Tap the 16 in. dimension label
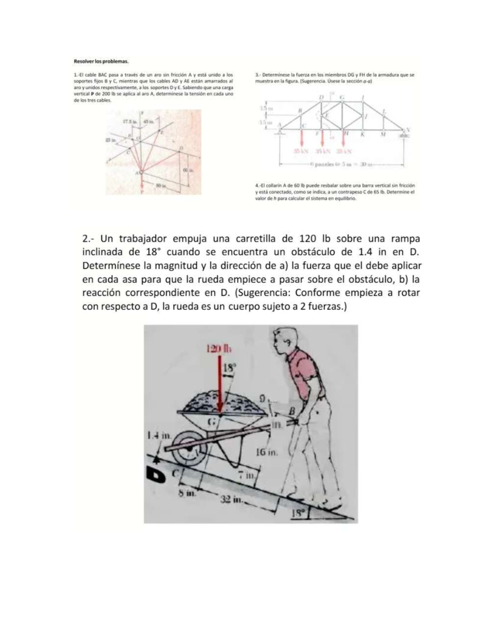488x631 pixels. [x=267, y=452]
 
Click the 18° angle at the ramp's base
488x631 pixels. [x=298, y=513]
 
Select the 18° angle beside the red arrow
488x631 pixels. [x=231, y=368]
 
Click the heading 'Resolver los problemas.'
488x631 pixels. [x=101, y=61]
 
